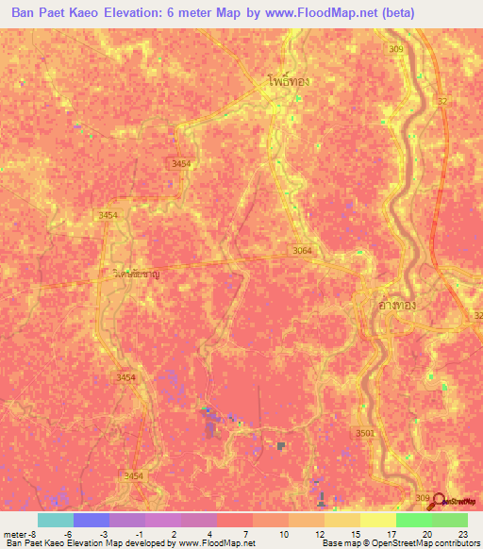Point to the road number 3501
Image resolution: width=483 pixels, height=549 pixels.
(365, 433)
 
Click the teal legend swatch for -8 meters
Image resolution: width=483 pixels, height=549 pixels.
(55, 520)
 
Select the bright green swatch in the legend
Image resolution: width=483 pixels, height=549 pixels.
(413, 520)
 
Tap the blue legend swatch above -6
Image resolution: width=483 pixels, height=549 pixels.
(91, 520)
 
